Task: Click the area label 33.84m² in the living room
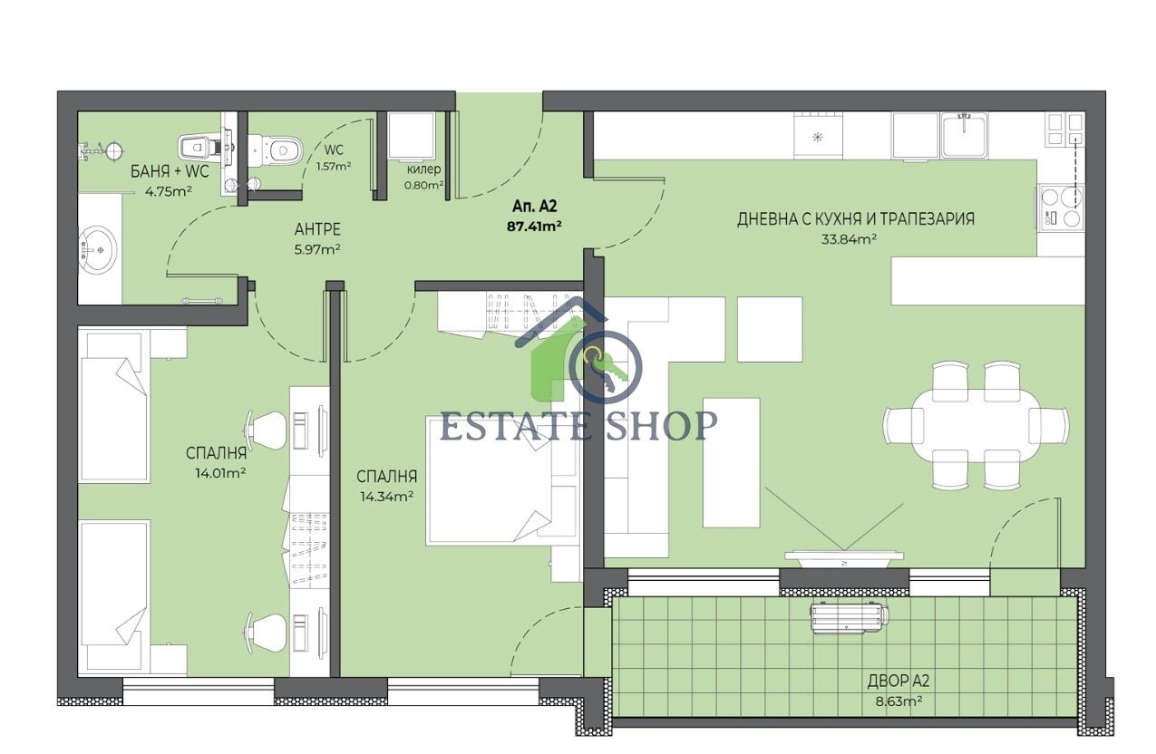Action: (x=849, y=239)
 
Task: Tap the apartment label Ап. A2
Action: (x=534, y=207)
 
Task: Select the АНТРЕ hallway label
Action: (x=317, y=229)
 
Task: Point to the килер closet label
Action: (x=423, y=169)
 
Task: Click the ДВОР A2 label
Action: (x=899, y=681)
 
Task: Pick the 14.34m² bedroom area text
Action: (x=386, y=497)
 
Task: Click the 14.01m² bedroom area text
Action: (x=220, y=473)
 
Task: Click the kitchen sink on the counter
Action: (x=964, y=135)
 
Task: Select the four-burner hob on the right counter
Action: (x=1061, y=207)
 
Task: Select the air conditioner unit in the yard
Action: (x=849, y=618)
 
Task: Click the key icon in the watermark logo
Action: (x=605, y=368)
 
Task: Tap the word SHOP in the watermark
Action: (x=661, y=425)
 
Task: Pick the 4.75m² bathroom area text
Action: (x=169, y=192)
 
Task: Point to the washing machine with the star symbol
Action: (x=818, y=135)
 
